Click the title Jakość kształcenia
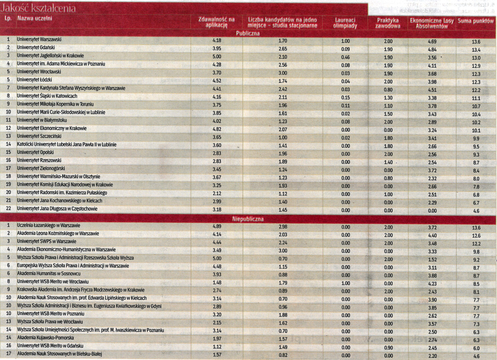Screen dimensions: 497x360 [38, 8]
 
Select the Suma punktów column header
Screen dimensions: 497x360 [475, 21]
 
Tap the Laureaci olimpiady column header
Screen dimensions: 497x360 [345, 23]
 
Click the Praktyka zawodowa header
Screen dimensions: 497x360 [388, 23]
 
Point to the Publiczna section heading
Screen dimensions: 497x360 [248, 34]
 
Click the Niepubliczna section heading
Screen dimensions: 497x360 [248, 219]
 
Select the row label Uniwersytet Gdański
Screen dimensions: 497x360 [36, 48]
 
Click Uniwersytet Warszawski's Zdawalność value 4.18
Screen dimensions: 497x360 [217, 41]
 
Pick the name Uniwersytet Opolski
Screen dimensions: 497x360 [35, 152]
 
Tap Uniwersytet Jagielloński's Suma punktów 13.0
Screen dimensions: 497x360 [476, 58]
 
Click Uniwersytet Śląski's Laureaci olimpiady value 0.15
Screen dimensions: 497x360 [345, 98]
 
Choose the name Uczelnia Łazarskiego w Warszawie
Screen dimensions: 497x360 [48, 226]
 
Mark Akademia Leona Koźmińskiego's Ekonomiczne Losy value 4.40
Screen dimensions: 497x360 [432, 235]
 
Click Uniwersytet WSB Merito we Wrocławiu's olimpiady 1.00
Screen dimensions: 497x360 [346, 283]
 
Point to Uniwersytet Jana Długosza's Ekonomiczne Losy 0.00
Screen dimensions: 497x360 [432, 211]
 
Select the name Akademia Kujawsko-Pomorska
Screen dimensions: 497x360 [46, 338]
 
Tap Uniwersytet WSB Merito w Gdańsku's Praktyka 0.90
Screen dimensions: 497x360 [388, 348]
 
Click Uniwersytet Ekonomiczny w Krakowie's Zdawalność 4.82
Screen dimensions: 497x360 [217, 129]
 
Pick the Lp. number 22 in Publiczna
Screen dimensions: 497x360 [8, 209]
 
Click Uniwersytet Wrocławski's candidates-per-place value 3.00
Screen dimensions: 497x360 [282, 73]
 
